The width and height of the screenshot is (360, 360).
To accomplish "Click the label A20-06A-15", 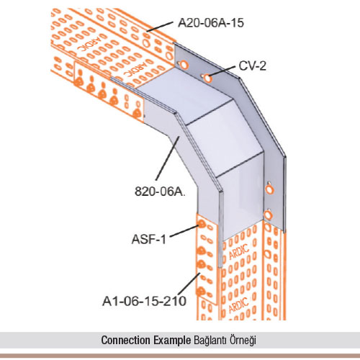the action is click(x=211, y=23).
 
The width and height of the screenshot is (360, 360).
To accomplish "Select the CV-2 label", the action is click(x=253, y=66).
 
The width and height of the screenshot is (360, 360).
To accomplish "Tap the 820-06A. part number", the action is click(x=160, y=192).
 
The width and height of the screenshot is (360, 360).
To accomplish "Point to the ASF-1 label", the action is click(x=149, y=239).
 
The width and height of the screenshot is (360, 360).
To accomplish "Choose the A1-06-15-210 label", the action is click(x=144, y=301).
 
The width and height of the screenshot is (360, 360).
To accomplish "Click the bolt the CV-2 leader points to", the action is click(x=207, y=78).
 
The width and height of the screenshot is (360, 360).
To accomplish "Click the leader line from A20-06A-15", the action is click(x=160, y=27).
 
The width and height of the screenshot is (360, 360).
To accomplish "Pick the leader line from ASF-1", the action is click(x=184, y=231).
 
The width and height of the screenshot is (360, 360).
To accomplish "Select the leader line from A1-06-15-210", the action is click(x=189, y=285).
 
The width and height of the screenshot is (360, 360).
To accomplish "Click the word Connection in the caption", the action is click(x=126, y=340).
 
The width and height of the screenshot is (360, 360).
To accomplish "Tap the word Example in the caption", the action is click(x=172, y=341).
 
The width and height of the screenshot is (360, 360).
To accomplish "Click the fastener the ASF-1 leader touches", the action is click(x=202, y=225).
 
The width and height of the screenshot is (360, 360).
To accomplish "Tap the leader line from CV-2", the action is click(x=222, y=71).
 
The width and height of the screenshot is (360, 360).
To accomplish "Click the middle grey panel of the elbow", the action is click(x=225, y=137).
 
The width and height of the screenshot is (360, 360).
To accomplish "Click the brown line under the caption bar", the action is click(x=180, y=356).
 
